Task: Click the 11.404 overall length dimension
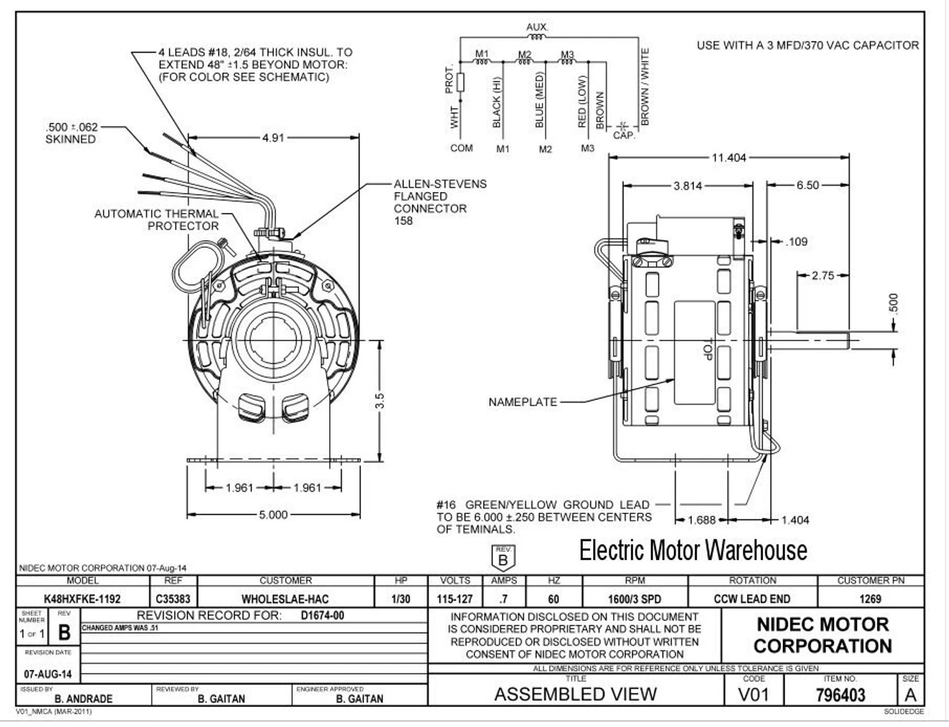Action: point(729,157)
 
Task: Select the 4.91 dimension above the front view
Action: point(273,137)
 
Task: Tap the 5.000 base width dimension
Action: point(273,515)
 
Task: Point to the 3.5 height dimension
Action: point(379,401)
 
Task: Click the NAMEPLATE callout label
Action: point(522,402)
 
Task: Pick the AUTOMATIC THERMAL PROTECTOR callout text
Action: point(156,220)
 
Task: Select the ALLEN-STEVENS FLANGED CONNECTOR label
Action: point(440,203)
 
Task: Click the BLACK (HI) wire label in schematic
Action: point(497,101)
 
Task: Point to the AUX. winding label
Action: point(537,27)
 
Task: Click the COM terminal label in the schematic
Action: point(461,148)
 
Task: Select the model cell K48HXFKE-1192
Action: point(82,599)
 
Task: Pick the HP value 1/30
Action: point(400,599)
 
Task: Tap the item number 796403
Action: point(840,695)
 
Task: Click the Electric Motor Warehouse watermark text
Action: point(692,550)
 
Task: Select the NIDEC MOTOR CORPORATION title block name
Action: point(822,635)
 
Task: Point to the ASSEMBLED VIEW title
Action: point(575,694)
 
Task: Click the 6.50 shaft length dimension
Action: point(807,185)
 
